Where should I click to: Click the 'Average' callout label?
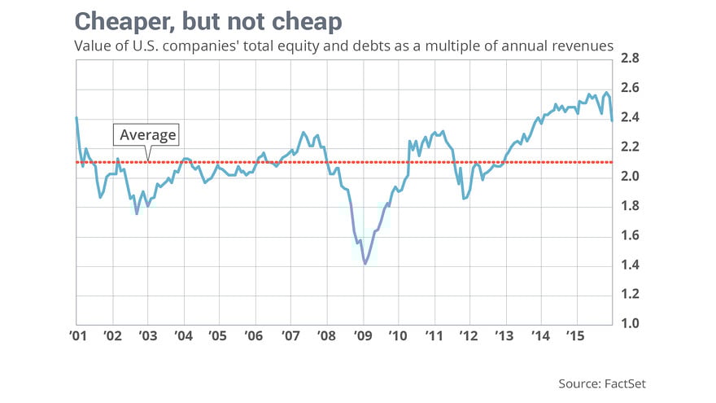147,134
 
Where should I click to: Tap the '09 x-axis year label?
362,335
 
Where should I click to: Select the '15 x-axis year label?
576,335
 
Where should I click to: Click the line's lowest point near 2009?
365,264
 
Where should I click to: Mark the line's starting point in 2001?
76,118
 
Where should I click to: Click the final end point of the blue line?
612,120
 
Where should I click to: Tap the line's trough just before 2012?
463,198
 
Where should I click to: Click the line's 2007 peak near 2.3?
303,132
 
